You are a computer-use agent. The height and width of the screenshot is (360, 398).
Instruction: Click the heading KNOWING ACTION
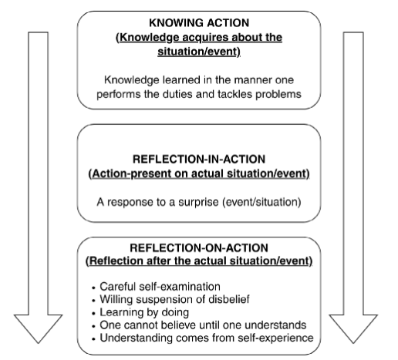[x=199, y=23]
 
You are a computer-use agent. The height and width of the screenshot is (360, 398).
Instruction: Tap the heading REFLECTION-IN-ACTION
[x=199, y=160]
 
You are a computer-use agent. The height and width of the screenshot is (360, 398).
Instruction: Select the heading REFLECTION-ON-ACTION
[x=199, y=248]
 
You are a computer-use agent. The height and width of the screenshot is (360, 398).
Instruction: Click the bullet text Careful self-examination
[x=160, y=287]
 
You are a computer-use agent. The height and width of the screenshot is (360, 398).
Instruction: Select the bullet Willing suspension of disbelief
[x=174, y=299]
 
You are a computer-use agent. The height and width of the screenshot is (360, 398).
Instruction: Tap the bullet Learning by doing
[x=144, y=312]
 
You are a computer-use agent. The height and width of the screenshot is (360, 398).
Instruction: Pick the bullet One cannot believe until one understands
[x=203, y=325]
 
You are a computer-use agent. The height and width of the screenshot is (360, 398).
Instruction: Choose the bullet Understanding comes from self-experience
[x=207, y=338]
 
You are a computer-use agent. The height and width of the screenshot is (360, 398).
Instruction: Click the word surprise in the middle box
[x=198, y=203]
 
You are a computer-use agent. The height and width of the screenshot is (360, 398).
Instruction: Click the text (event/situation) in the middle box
[x=261, y=203]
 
